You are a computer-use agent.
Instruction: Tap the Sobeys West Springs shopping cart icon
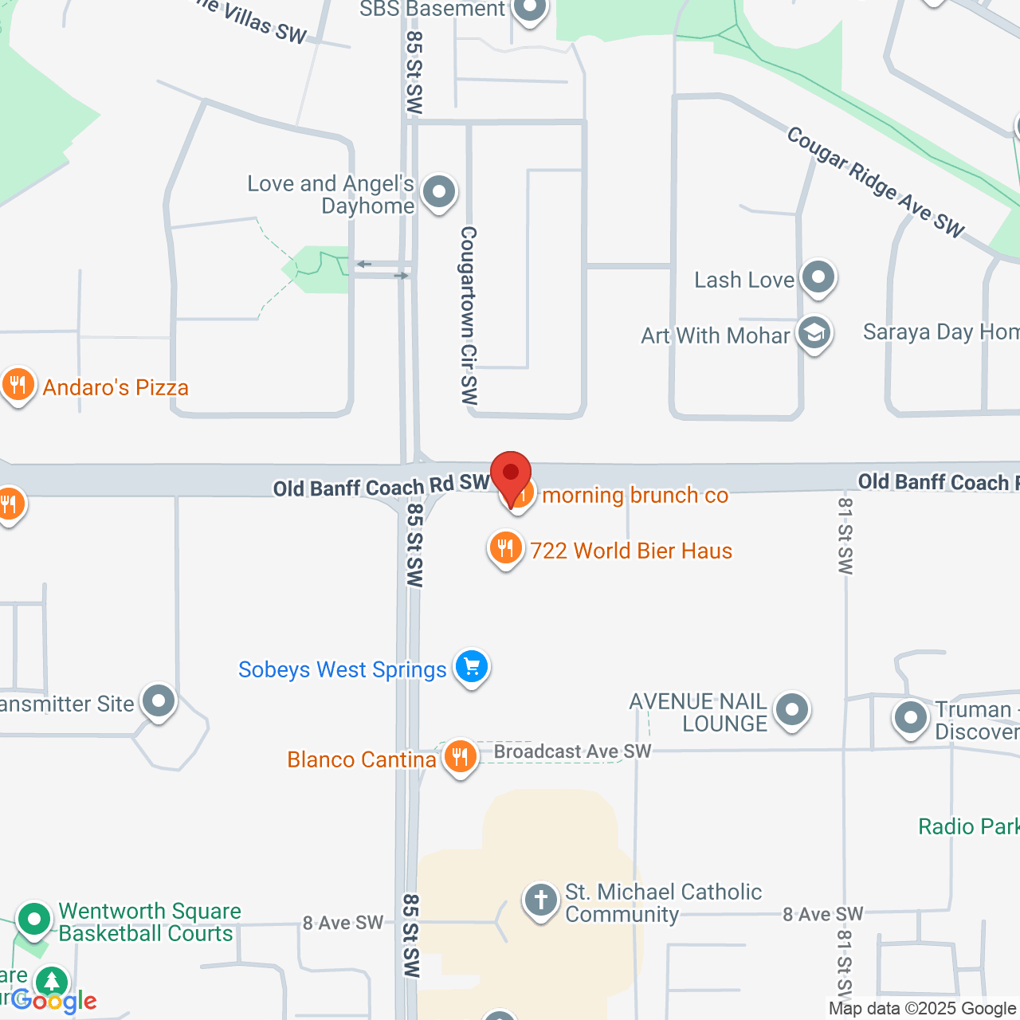[x=472, y=666]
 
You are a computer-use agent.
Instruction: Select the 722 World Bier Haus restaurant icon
[x=505, y=549]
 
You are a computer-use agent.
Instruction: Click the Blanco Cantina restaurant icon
[x=460, y=756]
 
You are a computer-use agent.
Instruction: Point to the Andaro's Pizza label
[x=116, y=388]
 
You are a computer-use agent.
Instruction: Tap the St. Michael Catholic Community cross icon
[x=540, y=900]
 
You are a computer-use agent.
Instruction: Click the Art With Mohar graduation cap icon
[x=814, y=334]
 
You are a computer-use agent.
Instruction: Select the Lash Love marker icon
[x=818, y=278]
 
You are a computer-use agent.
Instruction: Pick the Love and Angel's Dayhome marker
[x=438, y=192]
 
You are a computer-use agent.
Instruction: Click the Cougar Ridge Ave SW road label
[x=875, y=182]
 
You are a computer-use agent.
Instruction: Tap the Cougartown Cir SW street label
[x=469, y=316]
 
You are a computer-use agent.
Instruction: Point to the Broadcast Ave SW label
[x=572, y=751]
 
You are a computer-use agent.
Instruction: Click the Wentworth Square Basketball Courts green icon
[x=34, y=920]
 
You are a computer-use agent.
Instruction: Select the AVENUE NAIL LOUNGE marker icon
[x=792, y=709]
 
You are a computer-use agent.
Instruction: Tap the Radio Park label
[x=968, y=826]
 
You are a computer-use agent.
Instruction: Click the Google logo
[x=54, y=1001]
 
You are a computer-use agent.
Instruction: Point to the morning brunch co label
[x=635, y=496]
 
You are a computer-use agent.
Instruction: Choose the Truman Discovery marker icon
[x=911, y=718]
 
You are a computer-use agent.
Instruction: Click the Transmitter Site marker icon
[x=158, y=702]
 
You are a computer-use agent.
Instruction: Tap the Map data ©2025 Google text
[x=922, y=1009]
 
